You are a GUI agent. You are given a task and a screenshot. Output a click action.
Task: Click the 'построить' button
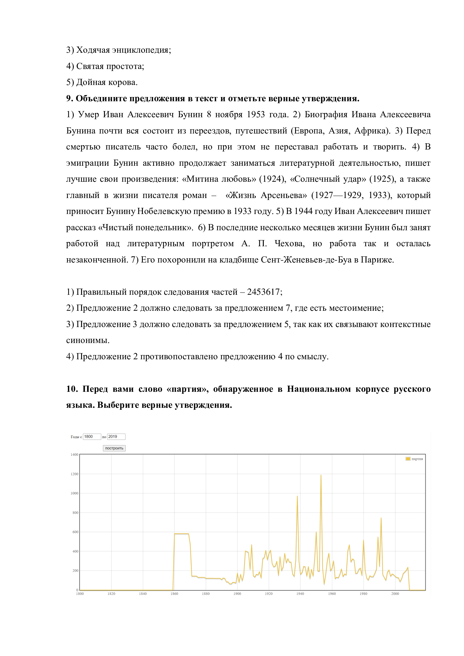click(x=114, y=448)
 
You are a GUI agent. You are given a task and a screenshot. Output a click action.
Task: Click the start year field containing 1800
click(x=92, y=437)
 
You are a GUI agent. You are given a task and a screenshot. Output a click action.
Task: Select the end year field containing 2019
click(x=116, y=437)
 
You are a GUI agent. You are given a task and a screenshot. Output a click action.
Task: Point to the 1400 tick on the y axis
click(x=74, y=455)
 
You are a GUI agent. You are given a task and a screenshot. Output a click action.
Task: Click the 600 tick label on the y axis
click(x=75, y=532)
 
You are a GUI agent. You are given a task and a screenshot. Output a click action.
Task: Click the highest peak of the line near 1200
click(x=321, y=475)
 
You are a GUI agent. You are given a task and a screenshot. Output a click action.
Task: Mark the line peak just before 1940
click(x=297, y=496)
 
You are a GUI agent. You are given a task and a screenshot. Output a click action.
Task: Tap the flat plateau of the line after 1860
click(x=182, y=534)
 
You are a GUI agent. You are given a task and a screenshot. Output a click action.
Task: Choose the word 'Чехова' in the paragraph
click(x=290, y=243)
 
